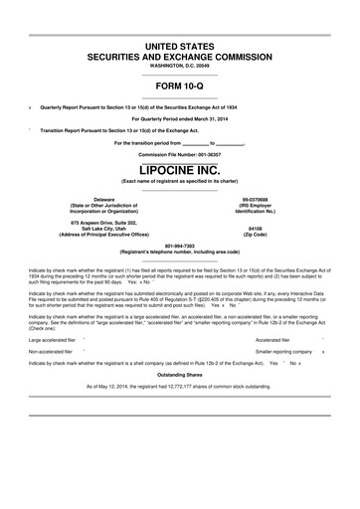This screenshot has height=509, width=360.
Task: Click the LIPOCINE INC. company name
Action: [x=180, y=169]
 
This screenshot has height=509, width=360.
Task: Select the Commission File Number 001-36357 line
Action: [x=180, y=154]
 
